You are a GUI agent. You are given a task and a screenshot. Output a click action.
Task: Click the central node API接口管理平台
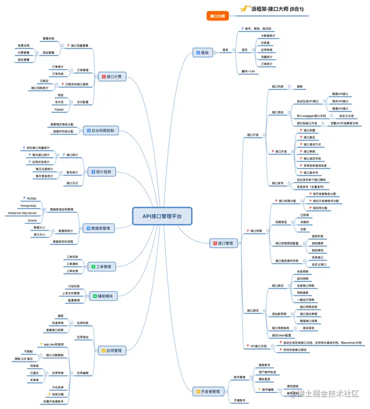point(161,216)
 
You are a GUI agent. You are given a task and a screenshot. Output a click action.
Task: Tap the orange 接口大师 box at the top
point(217,16)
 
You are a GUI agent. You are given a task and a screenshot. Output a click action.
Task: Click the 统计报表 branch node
point(103,172)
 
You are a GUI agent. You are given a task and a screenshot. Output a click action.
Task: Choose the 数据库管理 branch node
point(99,228)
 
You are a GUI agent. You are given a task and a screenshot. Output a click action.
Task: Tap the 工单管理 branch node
point(102,266)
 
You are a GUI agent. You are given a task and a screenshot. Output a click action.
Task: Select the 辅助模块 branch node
point(103,296)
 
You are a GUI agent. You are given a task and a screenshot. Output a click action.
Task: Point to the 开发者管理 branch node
point(207,392)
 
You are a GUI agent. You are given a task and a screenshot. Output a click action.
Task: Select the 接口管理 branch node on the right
point(223,243)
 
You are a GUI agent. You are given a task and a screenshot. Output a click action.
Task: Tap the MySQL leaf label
point(32,198)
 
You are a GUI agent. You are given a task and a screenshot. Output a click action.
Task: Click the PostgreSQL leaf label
point(28,206)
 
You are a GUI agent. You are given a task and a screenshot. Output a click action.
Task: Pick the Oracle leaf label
point(32,220)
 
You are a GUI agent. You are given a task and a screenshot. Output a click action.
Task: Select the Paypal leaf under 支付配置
point(58,109)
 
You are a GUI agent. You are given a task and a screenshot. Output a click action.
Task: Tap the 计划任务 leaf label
point(74,286)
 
